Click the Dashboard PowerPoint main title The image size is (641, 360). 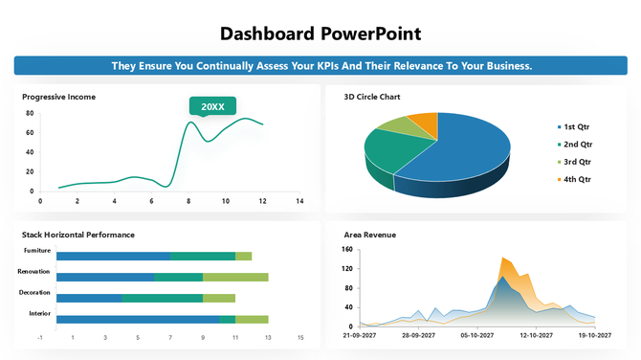(x=320, y=34)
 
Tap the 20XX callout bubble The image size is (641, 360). (x=212, y=106)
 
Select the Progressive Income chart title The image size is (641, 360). (x=58, y=97)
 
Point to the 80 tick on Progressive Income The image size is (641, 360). (x=30, y=113)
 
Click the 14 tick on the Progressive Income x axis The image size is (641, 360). (x=299, y=201)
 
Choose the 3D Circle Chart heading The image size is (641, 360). (x=372, y=97)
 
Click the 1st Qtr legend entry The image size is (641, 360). (x=576, y=126)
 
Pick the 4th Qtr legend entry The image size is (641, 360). (x=577, y=179)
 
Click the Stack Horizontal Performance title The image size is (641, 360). (x=78, y=235)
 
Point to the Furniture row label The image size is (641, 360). (x=37, y=251)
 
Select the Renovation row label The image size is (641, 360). (x=33, y=271)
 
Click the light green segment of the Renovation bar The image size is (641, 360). (x=235, y=277)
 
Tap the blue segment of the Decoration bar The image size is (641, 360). (x=89, y=298)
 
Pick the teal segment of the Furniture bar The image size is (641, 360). (x=203, y=257)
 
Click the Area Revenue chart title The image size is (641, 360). (x=370, y=235)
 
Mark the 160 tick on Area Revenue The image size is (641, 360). (x=347, y=250)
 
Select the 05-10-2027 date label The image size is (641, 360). (x=476, y=336)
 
